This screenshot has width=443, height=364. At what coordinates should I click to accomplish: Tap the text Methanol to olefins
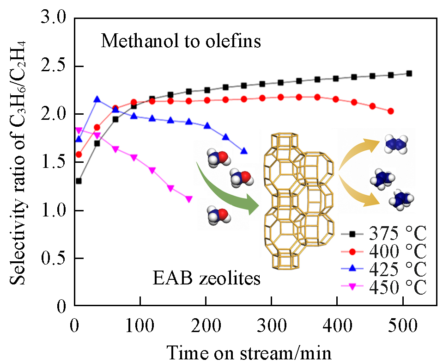click(181, 42)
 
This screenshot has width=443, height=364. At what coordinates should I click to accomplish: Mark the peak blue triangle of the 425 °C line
click(97, 99)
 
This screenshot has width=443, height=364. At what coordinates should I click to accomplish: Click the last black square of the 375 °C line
click(409, 73)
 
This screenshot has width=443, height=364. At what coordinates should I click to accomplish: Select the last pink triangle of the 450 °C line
click(188, 199)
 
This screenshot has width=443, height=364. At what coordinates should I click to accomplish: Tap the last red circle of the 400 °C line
click(391, 111)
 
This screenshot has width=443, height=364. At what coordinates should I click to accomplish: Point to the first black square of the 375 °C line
click(79, 181)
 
